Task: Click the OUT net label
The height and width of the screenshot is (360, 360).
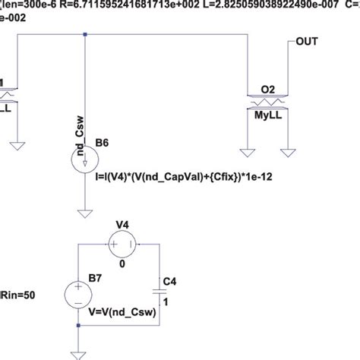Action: (306, 43)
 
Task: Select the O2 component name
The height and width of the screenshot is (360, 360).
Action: (269, 90)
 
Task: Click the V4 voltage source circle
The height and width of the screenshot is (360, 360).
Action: (121, 246)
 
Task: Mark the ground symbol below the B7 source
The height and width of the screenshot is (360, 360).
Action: (80, 352)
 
